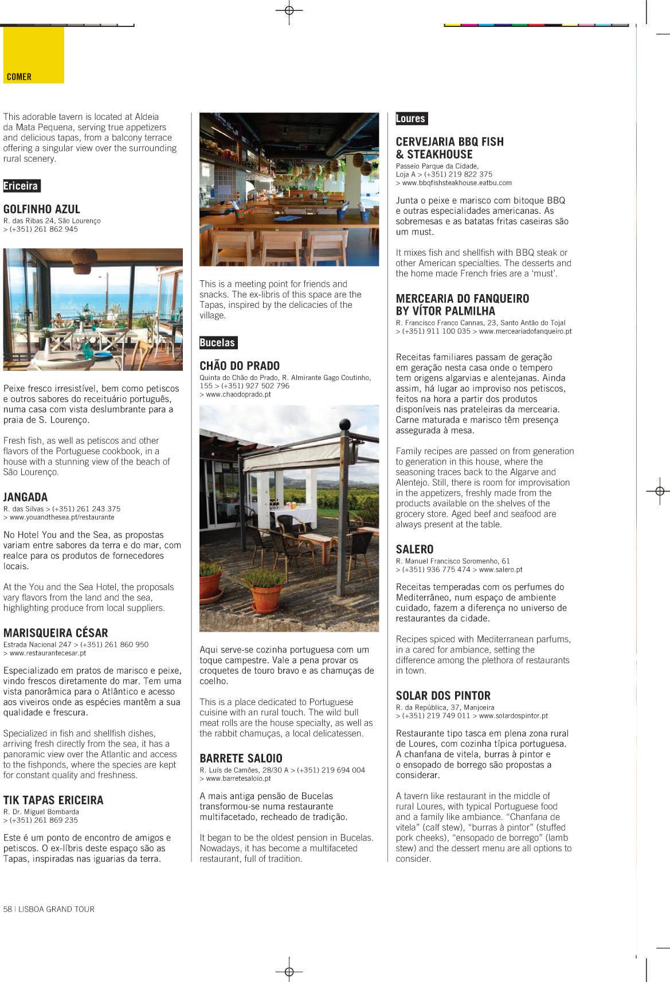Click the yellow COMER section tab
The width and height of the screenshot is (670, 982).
point(33,56)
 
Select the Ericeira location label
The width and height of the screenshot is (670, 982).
point(21,186)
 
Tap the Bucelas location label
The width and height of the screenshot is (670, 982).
point(218,343)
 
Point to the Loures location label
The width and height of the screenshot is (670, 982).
point(411,119)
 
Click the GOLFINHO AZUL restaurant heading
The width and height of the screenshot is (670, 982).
point(42,209)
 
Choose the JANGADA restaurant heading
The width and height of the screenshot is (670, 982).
point(26,497)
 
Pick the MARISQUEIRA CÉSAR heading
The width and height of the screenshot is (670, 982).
point(56,633)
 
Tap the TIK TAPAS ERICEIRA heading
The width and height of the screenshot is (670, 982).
point(53,800)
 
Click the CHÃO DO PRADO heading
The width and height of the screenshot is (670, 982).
point(240,366)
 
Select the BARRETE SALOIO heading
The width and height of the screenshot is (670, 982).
point(241,758)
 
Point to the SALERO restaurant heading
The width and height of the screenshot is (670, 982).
point(414,549)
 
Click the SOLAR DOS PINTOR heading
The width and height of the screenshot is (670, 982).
point(443,696)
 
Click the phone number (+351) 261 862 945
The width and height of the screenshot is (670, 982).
point(44,229)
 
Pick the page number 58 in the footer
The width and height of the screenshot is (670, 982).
point(8,909)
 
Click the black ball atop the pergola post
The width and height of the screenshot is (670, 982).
point(344,425)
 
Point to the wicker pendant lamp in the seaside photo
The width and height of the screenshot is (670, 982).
point(84,260)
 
